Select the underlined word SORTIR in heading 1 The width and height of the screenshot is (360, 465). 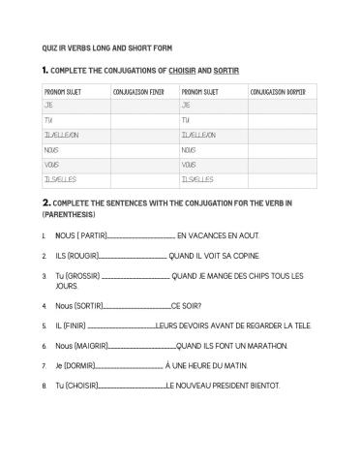(226, 70)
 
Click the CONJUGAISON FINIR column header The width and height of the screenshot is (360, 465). (136, 91)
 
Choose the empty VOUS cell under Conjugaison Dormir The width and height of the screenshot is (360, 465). (282, 165)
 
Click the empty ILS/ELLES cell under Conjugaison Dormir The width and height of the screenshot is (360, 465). (282, 180)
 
